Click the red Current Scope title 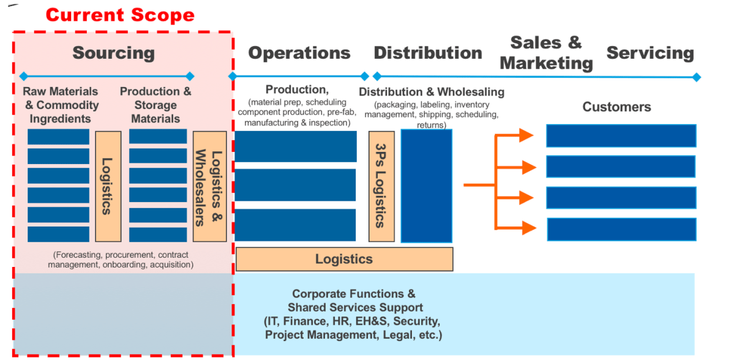120,14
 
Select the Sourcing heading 114,53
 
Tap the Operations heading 299,53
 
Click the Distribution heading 428,53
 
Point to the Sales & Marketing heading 546,53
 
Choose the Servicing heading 650,53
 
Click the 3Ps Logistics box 381,186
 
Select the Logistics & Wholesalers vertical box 209,186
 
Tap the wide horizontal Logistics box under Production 344,259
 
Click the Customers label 616,107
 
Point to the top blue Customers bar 621,136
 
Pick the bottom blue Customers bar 621,229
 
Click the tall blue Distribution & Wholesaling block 426,186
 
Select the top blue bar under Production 296,147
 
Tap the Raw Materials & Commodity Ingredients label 60,105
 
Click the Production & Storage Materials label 155,105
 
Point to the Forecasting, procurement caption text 120,260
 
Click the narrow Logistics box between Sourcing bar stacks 108,186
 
